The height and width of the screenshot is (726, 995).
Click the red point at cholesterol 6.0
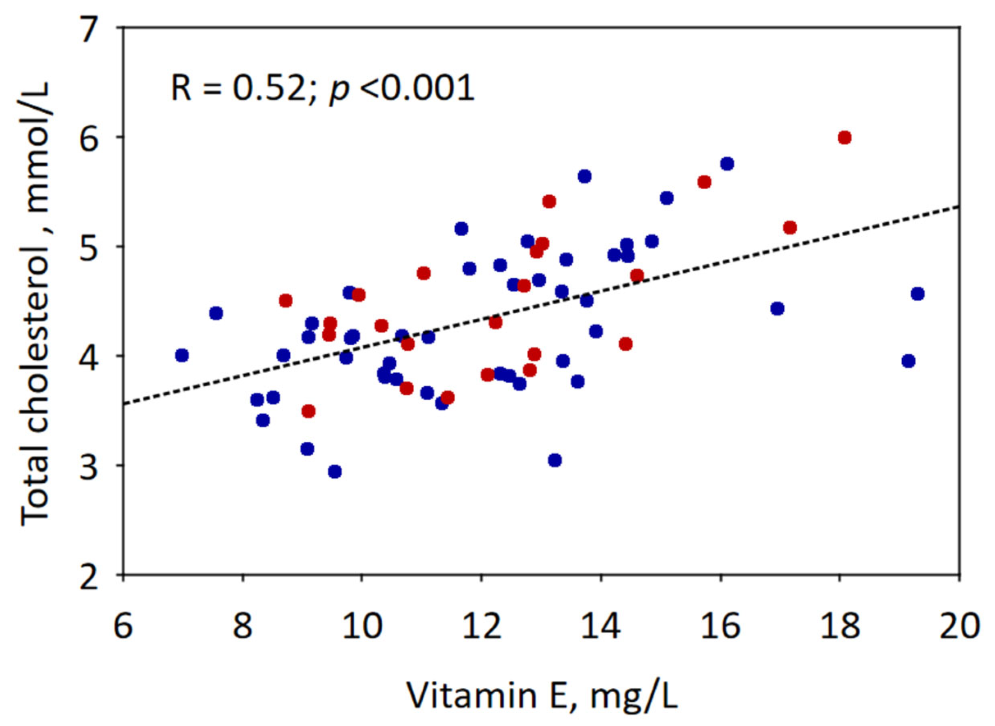(844, 138)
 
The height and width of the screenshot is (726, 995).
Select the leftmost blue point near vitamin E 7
(182, 355)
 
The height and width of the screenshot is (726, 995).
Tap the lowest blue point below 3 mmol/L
(335, 472)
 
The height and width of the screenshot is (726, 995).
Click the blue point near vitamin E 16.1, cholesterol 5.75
(727, 164)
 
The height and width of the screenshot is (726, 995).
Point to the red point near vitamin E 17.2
(790, 228)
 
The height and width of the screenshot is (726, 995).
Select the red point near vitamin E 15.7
(704, 182)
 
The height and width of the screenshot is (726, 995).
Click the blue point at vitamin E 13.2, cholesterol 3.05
(555, 460)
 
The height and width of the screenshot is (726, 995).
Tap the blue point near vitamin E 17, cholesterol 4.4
(777, 309)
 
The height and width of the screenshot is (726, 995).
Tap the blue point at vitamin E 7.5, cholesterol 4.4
(216, 313)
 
